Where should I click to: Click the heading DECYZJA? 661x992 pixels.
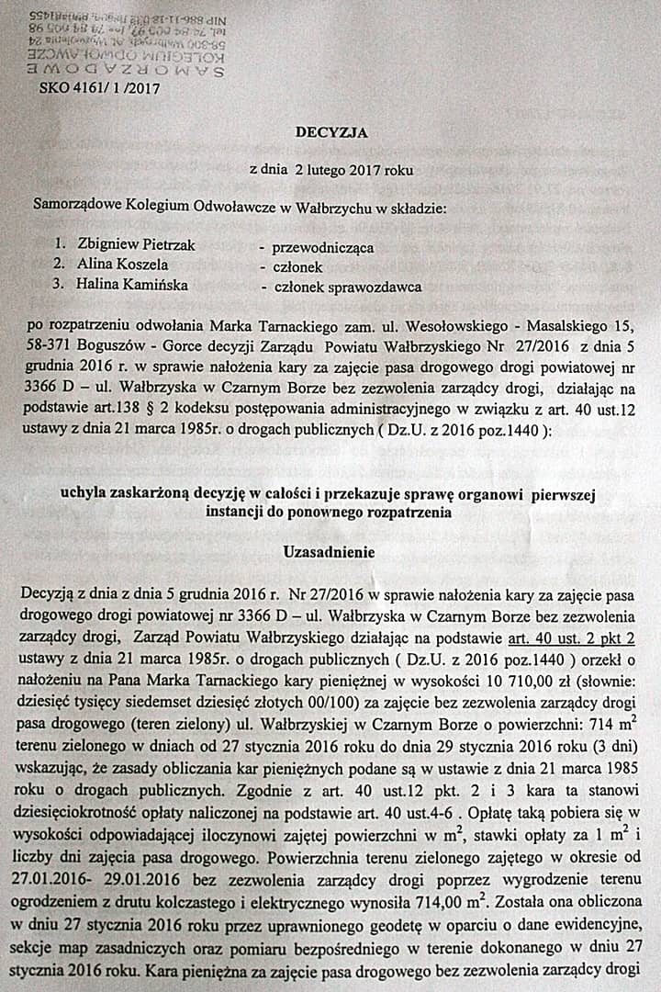point(330,132)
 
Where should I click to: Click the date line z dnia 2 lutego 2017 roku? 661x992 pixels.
point(330,170)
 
